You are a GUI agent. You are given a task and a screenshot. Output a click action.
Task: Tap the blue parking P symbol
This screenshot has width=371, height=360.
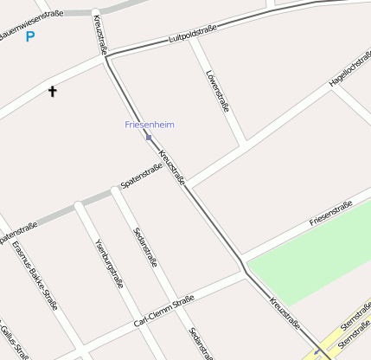(x=30, y=36)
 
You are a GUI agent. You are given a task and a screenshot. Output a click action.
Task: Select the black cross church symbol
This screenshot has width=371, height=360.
(x=52, y=90)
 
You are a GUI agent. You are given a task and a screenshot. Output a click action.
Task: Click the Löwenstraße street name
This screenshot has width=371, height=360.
(x=217, y=92)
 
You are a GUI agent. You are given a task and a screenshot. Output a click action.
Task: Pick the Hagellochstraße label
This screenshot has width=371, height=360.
(x=349, y=74)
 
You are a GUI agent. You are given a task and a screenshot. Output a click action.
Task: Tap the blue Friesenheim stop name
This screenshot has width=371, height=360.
(x=150, y=125)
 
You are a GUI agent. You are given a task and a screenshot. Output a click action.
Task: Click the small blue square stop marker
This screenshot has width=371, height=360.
(x=149, y=138)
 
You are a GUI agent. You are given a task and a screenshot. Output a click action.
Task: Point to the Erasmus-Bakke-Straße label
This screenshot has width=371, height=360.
(x=35, y=274)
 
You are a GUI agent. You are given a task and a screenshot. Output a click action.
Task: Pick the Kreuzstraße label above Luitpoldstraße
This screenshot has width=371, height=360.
(x=101, y=34)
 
